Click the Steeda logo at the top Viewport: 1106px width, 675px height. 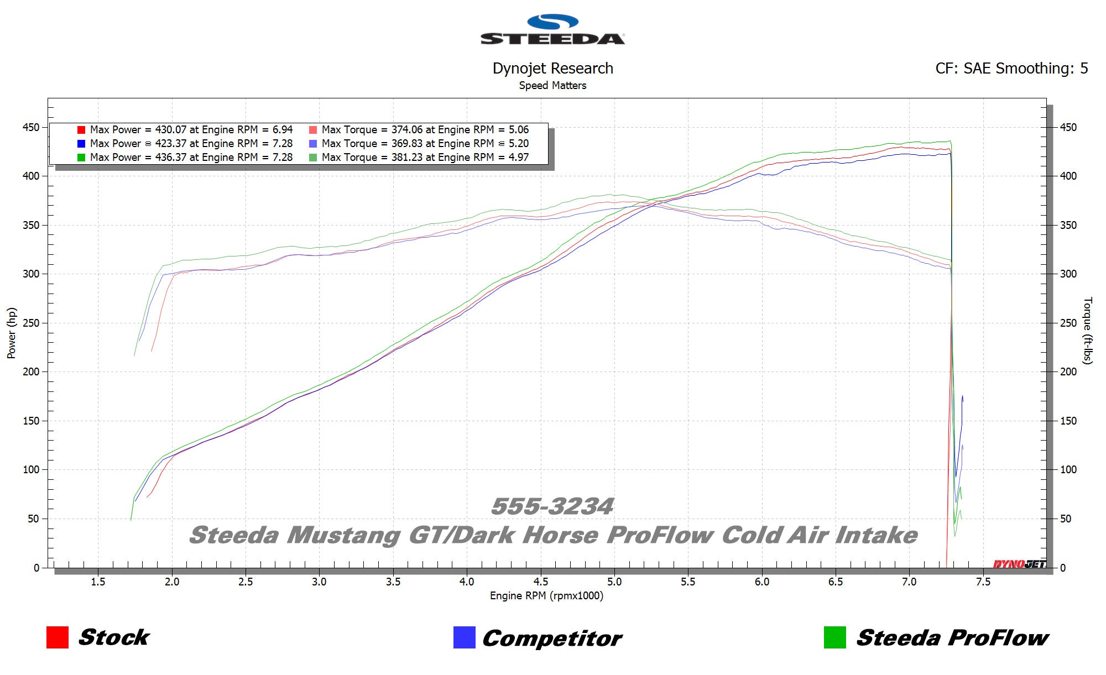click(x=552, y=30)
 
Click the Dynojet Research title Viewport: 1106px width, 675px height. click(x=552, y=69)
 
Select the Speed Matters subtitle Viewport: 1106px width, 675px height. click(x=552, y=86)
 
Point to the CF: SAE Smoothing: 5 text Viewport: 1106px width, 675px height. click(x=1011, y=69)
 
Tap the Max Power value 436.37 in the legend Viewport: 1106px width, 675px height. click(x=170, y=158)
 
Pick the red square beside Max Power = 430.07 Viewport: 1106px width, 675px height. click(x=81, y=130)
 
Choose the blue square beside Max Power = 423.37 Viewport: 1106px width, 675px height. click(x=81, y=144)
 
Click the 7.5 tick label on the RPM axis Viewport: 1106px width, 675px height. click(x=983, y=582)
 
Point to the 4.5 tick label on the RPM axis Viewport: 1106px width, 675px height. click(x=540, y=582)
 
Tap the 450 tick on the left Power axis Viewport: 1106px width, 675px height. click(x=31, y=128)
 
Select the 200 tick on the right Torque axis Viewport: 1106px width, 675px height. click(x=1068, y=372)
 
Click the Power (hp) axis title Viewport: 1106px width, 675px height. click(x=12, y=333)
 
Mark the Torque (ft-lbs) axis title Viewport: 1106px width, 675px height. click(x=1087, y=331)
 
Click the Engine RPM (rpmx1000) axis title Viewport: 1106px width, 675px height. click(x=546, y=596)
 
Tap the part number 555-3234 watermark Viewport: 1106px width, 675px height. click(x=552, y=506)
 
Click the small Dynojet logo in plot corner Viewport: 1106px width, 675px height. click(x=1019, y=564)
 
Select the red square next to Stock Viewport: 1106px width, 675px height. click(x=58, y=637)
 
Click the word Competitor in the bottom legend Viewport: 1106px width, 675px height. click(x=552, y=639)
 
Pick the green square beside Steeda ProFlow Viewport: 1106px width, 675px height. click(x=834, y=637)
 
